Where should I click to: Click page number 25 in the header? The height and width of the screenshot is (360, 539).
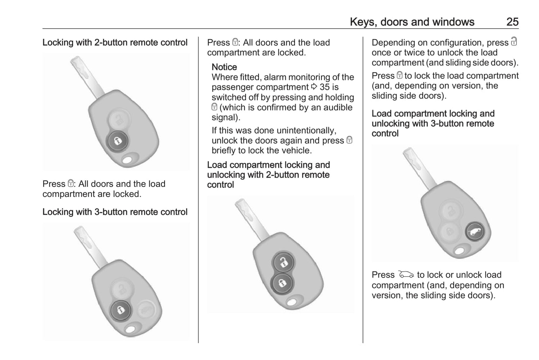tap(513, 22)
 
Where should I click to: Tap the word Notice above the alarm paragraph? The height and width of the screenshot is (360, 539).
tap(224, 67)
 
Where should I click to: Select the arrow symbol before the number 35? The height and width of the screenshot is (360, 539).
tap(314, 87)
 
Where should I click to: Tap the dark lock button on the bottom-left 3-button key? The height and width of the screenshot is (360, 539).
tap(121, 310)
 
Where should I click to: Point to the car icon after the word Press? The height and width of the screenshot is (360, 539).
tap(406, 274)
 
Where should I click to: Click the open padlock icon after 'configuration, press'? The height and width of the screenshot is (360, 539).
tap(514, 41)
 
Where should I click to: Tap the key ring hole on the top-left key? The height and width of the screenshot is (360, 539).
tap(127, 160)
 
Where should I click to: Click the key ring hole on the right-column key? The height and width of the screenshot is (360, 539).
tap(460, 251)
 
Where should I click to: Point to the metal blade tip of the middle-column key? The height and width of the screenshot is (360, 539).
tap(239, 202)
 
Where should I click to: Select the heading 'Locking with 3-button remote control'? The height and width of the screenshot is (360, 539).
tap(115, 212)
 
